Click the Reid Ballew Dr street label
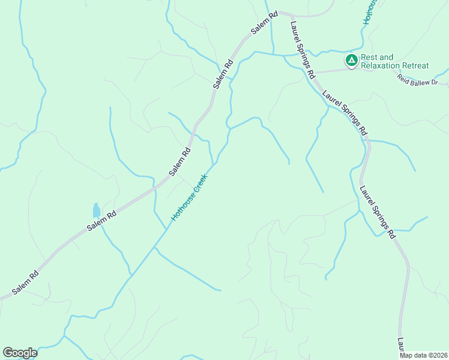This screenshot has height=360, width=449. point(418,78)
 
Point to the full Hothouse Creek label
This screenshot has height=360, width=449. point(188,197)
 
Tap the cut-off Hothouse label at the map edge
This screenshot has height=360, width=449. point(370,11)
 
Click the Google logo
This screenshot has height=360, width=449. point(20,353)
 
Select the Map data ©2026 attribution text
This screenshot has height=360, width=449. point(423,355)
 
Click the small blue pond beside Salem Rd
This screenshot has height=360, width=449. point(96,211)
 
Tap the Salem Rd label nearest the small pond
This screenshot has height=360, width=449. point(101,221)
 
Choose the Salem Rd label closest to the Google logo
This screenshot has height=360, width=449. point(26,283)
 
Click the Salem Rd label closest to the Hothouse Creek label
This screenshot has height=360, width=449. point(179,161)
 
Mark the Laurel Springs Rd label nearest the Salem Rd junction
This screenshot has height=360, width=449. point(302,50)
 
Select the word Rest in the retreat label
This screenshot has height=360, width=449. point(368,58)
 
